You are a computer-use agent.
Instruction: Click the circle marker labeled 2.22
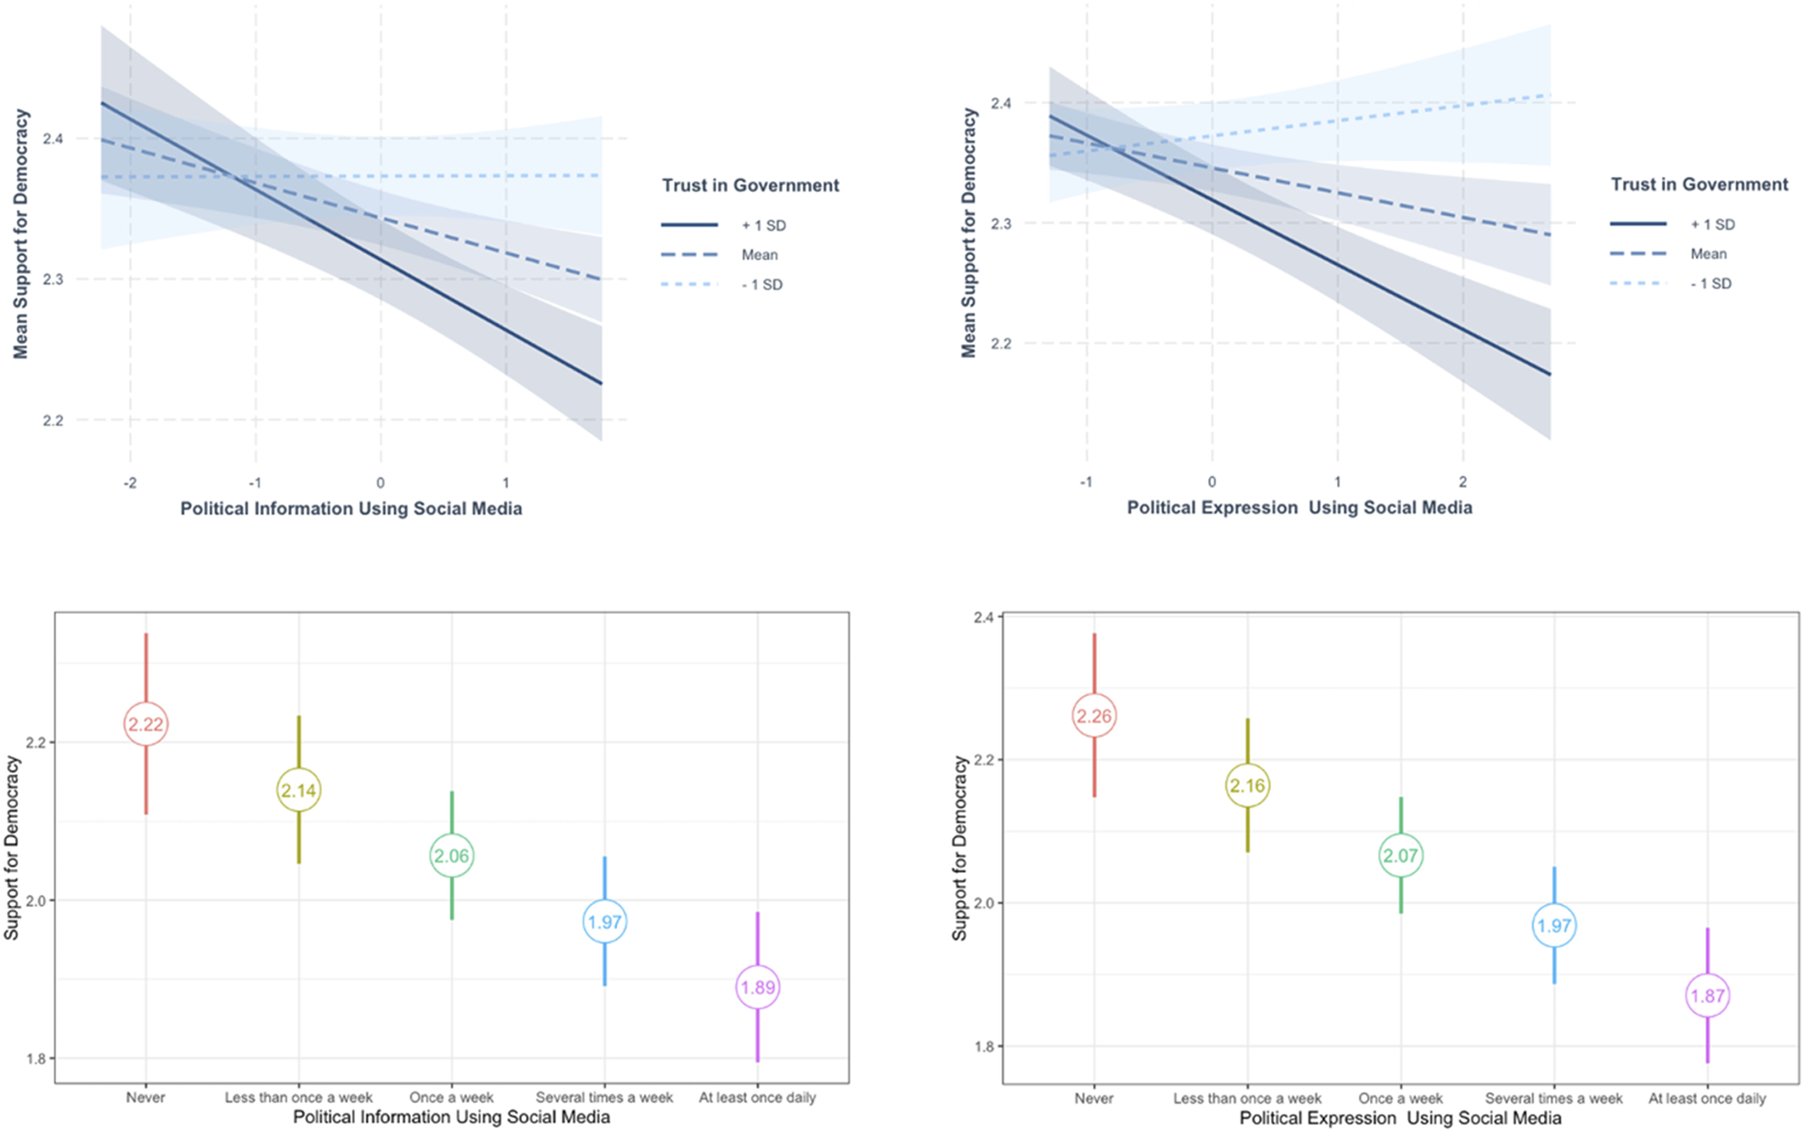pos(146,724)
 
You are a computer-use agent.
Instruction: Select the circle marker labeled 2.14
pos(299,790)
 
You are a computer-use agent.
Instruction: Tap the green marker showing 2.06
pos(451,856)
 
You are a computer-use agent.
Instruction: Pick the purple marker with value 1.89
pos(758,987)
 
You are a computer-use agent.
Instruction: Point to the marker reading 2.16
pos(1247,785)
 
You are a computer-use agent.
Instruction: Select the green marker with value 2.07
pos(1400,856)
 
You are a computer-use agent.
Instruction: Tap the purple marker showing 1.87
pos(1707,996)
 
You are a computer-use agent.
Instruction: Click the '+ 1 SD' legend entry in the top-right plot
pos(1712,224)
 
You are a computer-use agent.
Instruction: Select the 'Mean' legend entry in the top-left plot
pos(759,256)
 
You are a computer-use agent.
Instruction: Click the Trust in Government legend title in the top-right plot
pos(1699,185)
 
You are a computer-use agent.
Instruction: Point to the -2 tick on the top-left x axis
pos(130,483)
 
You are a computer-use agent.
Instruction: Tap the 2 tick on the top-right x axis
pos(1462,482)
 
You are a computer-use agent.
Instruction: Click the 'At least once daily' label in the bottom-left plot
pos(757,1098)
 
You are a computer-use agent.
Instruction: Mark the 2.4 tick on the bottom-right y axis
pos(983,618)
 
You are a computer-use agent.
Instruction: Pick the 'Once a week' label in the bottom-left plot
pos(451,1098)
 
